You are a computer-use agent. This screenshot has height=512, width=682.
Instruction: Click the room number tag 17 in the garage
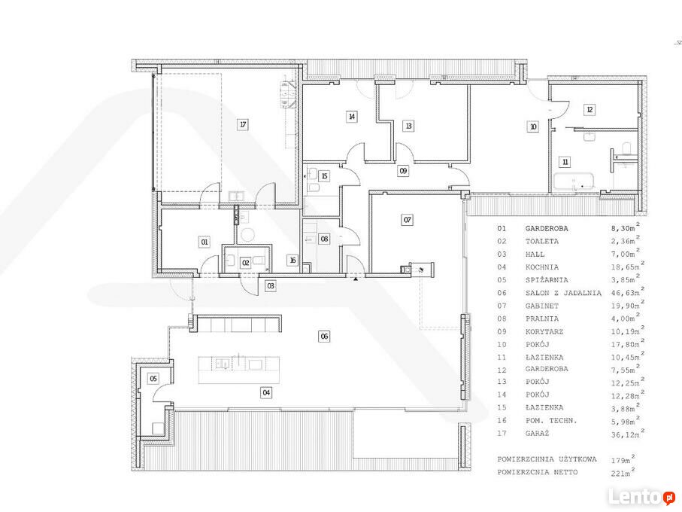point(243,125)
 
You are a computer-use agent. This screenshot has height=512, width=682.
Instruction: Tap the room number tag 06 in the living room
point(325,336)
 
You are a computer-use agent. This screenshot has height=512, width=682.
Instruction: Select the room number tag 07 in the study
point(407,220)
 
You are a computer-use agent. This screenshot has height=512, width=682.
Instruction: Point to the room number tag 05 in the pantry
point(153,379)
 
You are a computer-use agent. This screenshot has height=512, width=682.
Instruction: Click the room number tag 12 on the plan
point(590,110)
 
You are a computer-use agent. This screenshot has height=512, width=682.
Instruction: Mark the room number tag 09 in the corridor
point(403,171)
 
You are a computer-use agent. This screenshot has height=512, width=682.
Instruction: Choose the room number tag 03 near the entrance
point(271,286)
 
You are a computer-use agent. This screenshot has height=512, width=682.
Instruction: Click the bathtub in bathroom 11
point(573,181)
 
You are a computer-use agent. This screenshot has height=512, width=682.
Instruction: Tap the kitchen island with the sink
point(239,370)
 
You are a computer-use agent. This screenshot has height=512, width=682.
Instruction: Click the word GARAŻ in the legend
point(537,434)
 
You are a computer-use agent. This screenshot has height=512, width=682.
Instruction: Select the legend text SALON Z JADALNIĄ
point(563,294)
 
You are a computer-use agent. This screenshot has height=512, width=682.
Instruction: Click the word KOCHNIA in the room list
point(541,267)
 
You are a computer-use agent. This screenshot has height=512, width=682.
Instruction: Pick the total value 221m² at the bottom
point(622,471)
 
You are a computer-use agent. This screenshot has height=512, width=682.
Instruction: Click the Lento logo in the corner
point(642,497)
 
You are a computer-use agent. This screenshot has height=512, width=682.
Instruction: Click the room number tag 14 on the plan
point(351,117)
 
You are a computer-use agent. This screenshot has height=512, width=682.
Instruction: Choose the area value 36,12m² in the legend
point(626,432)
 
